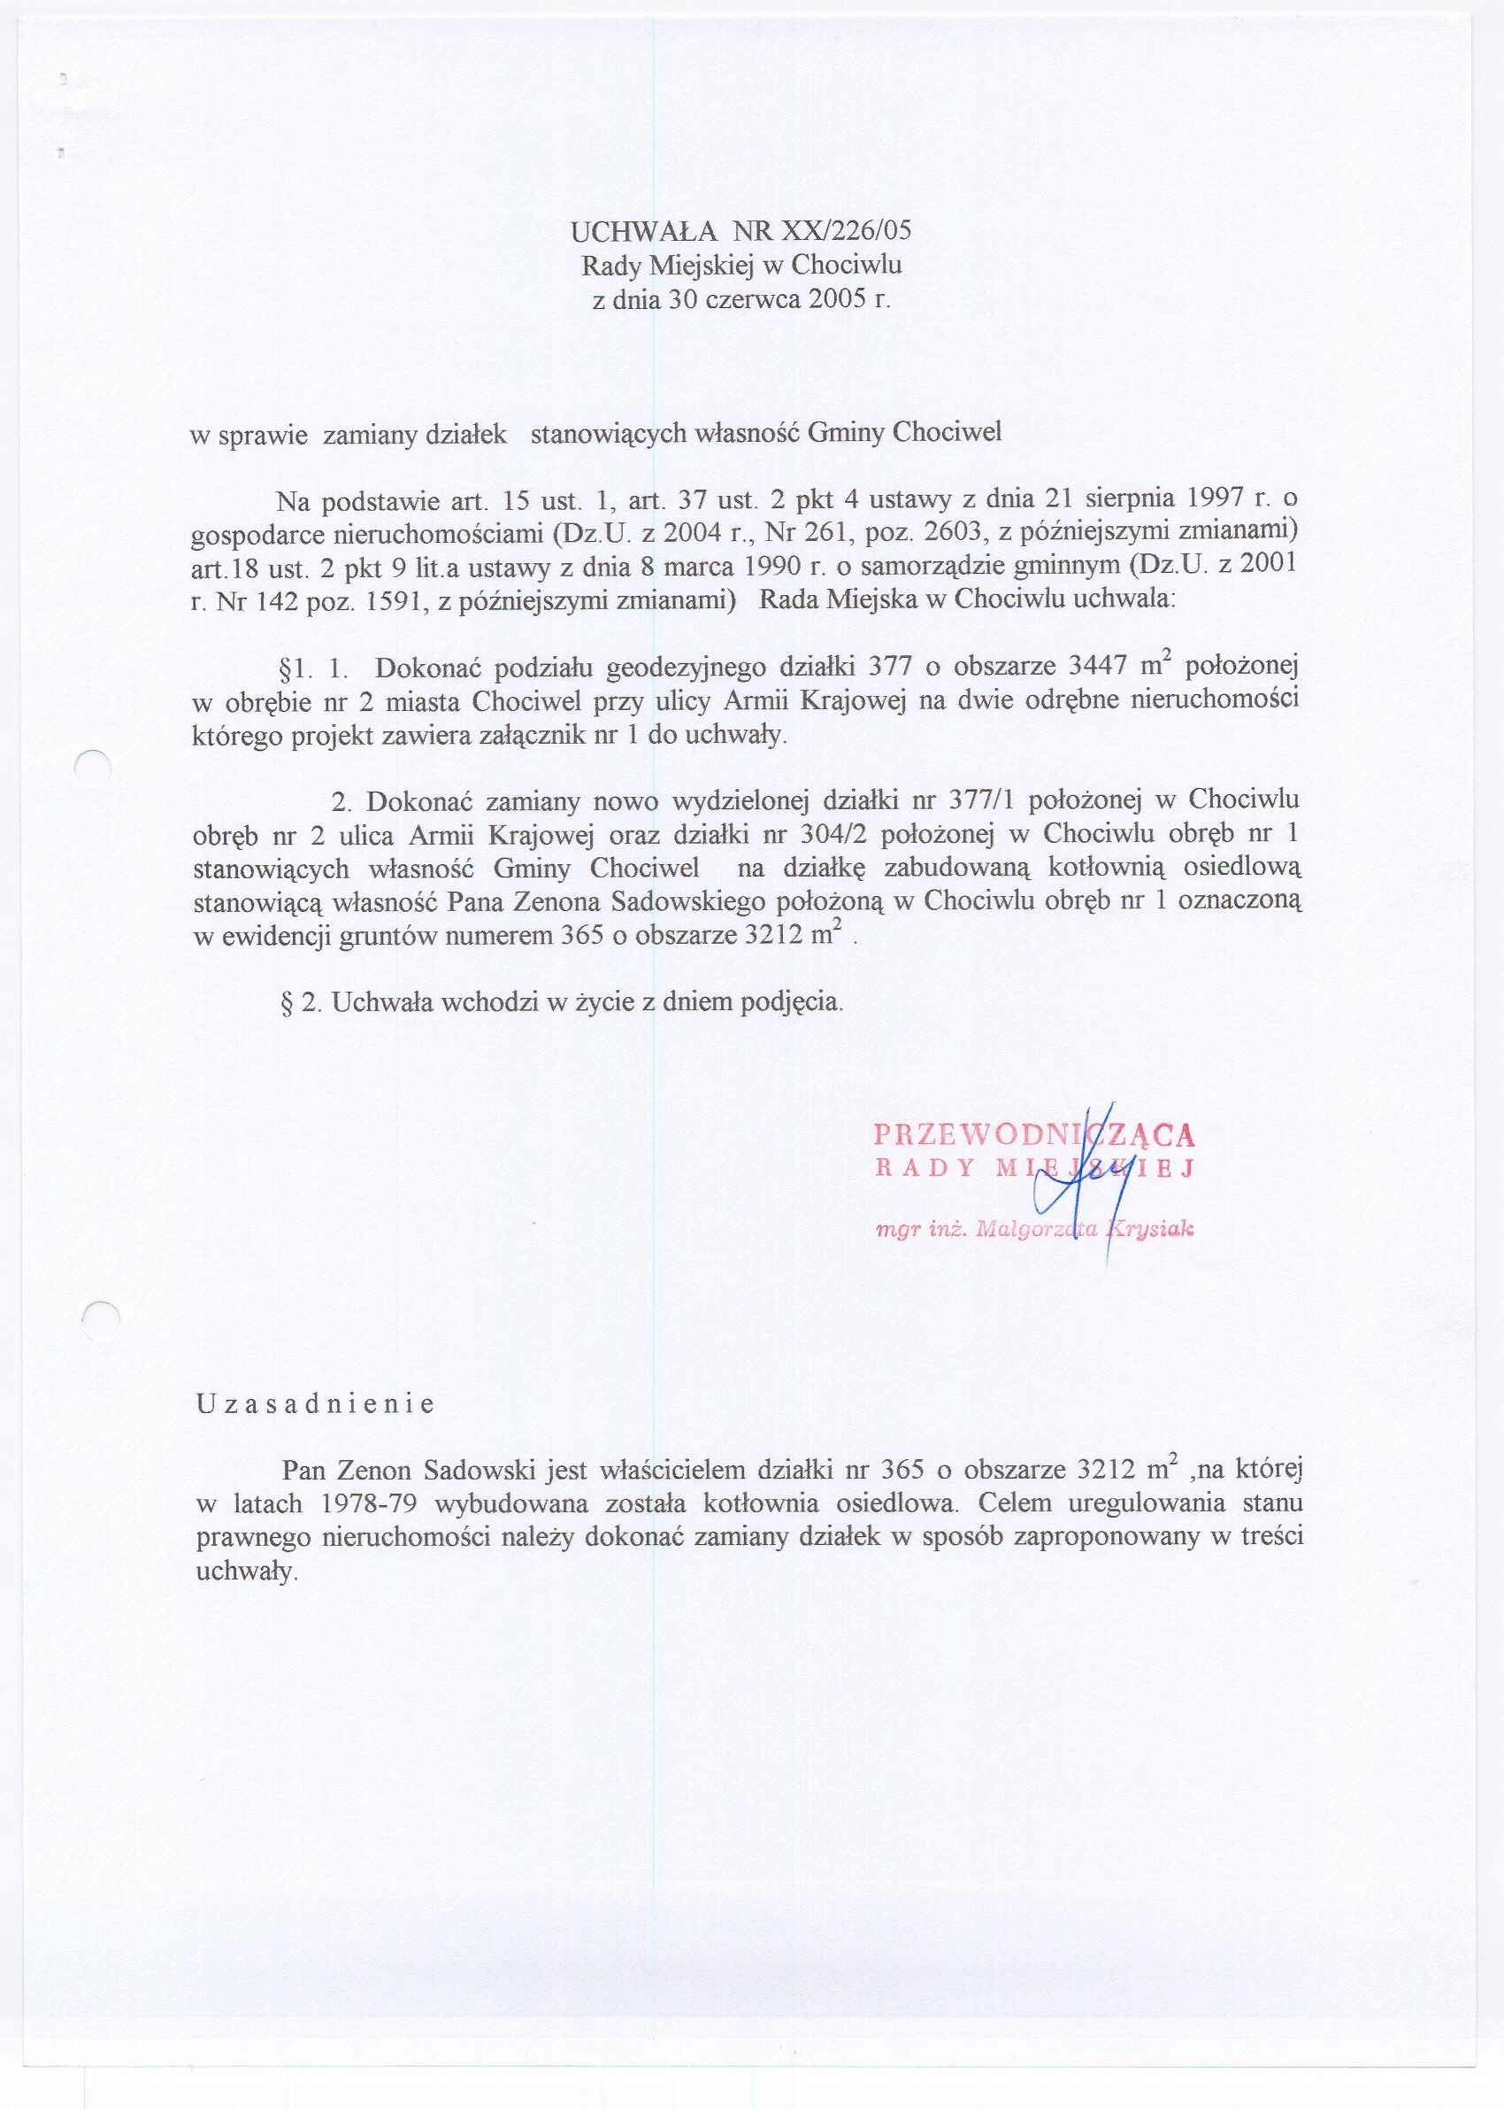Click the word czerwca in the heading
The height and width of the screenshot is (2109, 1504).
click(x=750, y=299)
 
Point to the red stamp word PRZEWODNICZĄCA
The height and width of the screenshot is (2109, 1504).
click(x=1033, y=1134)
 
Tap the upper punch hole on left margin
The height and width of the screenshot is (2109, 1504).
click(x=93, y=768)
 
